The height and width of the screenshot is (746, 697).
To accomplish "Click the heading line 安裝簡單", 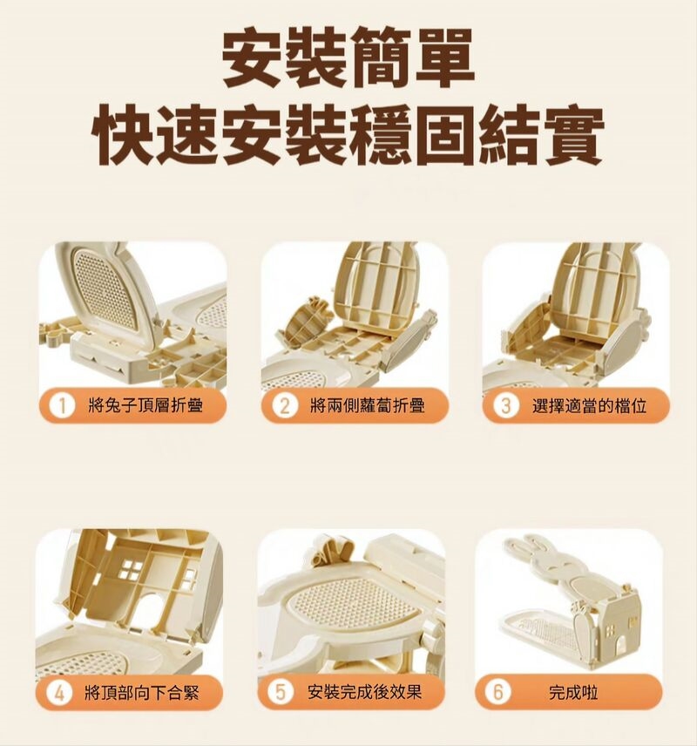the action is pyautogui.click(x=348, y=60).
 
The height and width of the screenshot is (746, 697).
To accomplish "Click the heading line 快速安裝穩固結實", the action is pyautogui.click(x=348, y=135).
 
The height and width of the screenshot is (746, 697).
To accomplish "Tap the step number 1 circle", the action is pyautogui.click(x=62, y=406).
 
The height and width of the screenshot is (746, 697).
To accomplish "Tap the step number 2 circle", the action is pyautogui.click(x=284, y=406).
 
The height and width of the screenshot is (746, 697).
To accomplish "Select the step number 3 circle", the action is pyautogui.click(x=505, y=406).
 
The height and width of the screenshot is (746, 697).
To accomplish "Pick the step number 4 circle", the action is pyautogui.click(x=59, y=693).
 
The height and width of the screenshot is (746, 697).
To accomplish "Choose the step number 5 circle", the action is pyautogui.click(x=281, y=693).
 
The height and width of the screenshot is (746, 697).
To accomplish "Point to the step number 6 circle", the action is pyautogui.click(x=497, y=693).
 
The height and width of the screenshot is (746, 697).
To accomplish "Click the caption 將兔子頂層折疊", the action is pyautogui.click(x=145, y=406).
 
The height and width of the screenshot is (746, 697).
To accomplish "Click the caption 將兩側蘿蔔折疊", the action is pyautogui.click(x=368, y=406).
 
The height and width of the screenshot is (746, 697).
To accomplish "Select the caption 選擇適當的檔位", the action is pyautogui.click(x=589, y=406).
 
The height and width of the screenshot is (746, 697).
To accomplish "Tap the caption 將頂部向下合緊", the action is pyautogui.click(x=141, y=693).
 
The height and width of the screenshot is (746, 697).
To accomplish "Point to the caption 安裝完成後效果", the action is pyautogui.click(x=364, y=693).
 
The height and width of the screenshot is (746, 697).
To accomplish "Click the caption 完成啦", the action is pyautogui.click(x=572, y=693).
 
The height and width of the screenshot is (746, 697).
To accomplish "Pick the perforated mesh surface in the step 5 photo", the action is pyautogui.click(x=358, y=599).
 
